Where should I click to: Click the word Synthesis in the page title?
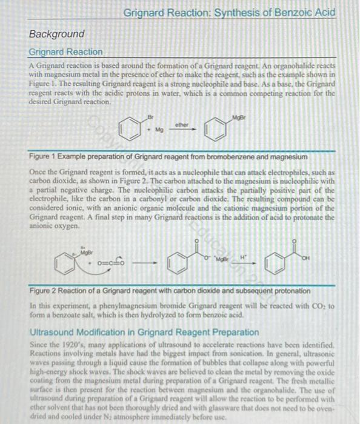tap(230, 13)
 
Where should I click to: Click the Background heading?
tap(57, 34)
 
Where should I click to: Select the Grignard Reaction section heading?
tap(66, 52)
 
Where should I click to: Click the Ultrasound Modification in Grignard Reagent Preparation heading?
tap(144, 332)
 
